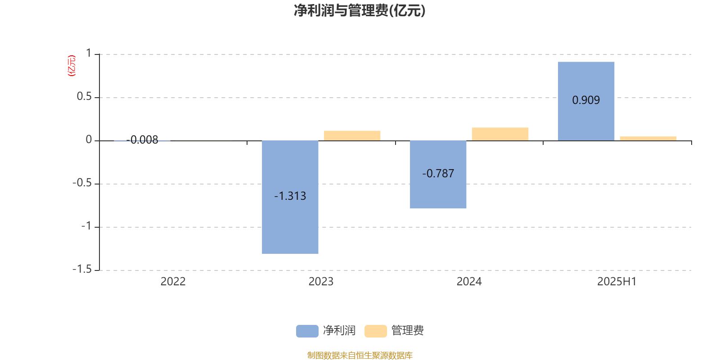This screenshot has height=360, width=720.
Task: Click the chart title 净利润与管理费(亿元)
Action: pos(360,11)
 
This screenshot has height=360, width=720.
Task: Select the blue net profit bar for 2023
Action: pos(290,197)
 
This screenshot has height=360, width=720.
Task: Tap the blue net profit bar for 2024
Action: pos(438,175)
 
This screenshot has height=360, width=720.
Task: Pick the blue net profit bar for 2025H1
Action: pos(586,101)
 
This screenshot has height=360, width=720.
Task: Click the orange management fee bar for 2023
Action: pos(352,135)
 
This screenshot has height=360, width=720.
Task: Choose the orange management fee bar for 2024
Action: pos(500,134)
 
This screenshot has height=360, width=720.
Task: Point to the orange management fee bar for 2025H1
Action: pos(648,139)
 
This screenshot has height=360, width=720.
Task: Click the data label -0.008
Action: pos(142,140)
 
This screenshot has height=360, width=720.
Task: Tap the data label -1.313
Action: pos(290,196)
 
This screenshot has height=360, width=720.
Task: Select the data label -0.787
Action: pos(438,174)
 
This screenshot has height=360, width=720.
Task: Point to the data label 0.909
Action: pos(586,100)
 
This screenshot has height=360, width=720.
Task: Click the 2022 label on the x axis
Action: pos(173,282)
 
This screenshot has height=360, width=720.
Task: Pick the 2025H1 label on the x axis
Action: pos(617,282)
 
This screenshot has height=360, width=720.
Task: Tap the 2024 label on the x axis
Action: pos(469,282)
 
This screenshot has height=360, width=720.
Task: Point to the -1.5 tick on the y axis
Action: pos(82,270)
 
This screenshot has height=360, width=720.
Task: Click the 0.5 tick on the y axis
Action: pos(84,96)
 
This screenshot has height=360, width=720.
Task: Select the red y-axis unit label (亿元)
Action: pos(72,66)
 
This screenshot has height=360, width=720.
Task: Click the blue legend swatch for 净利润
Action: pos(307,331)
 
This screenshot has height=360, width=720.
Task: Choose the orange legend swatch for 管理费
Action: pos(375,331)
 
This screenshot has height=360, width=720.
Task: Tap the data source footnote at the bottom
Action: pos(360,355)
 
